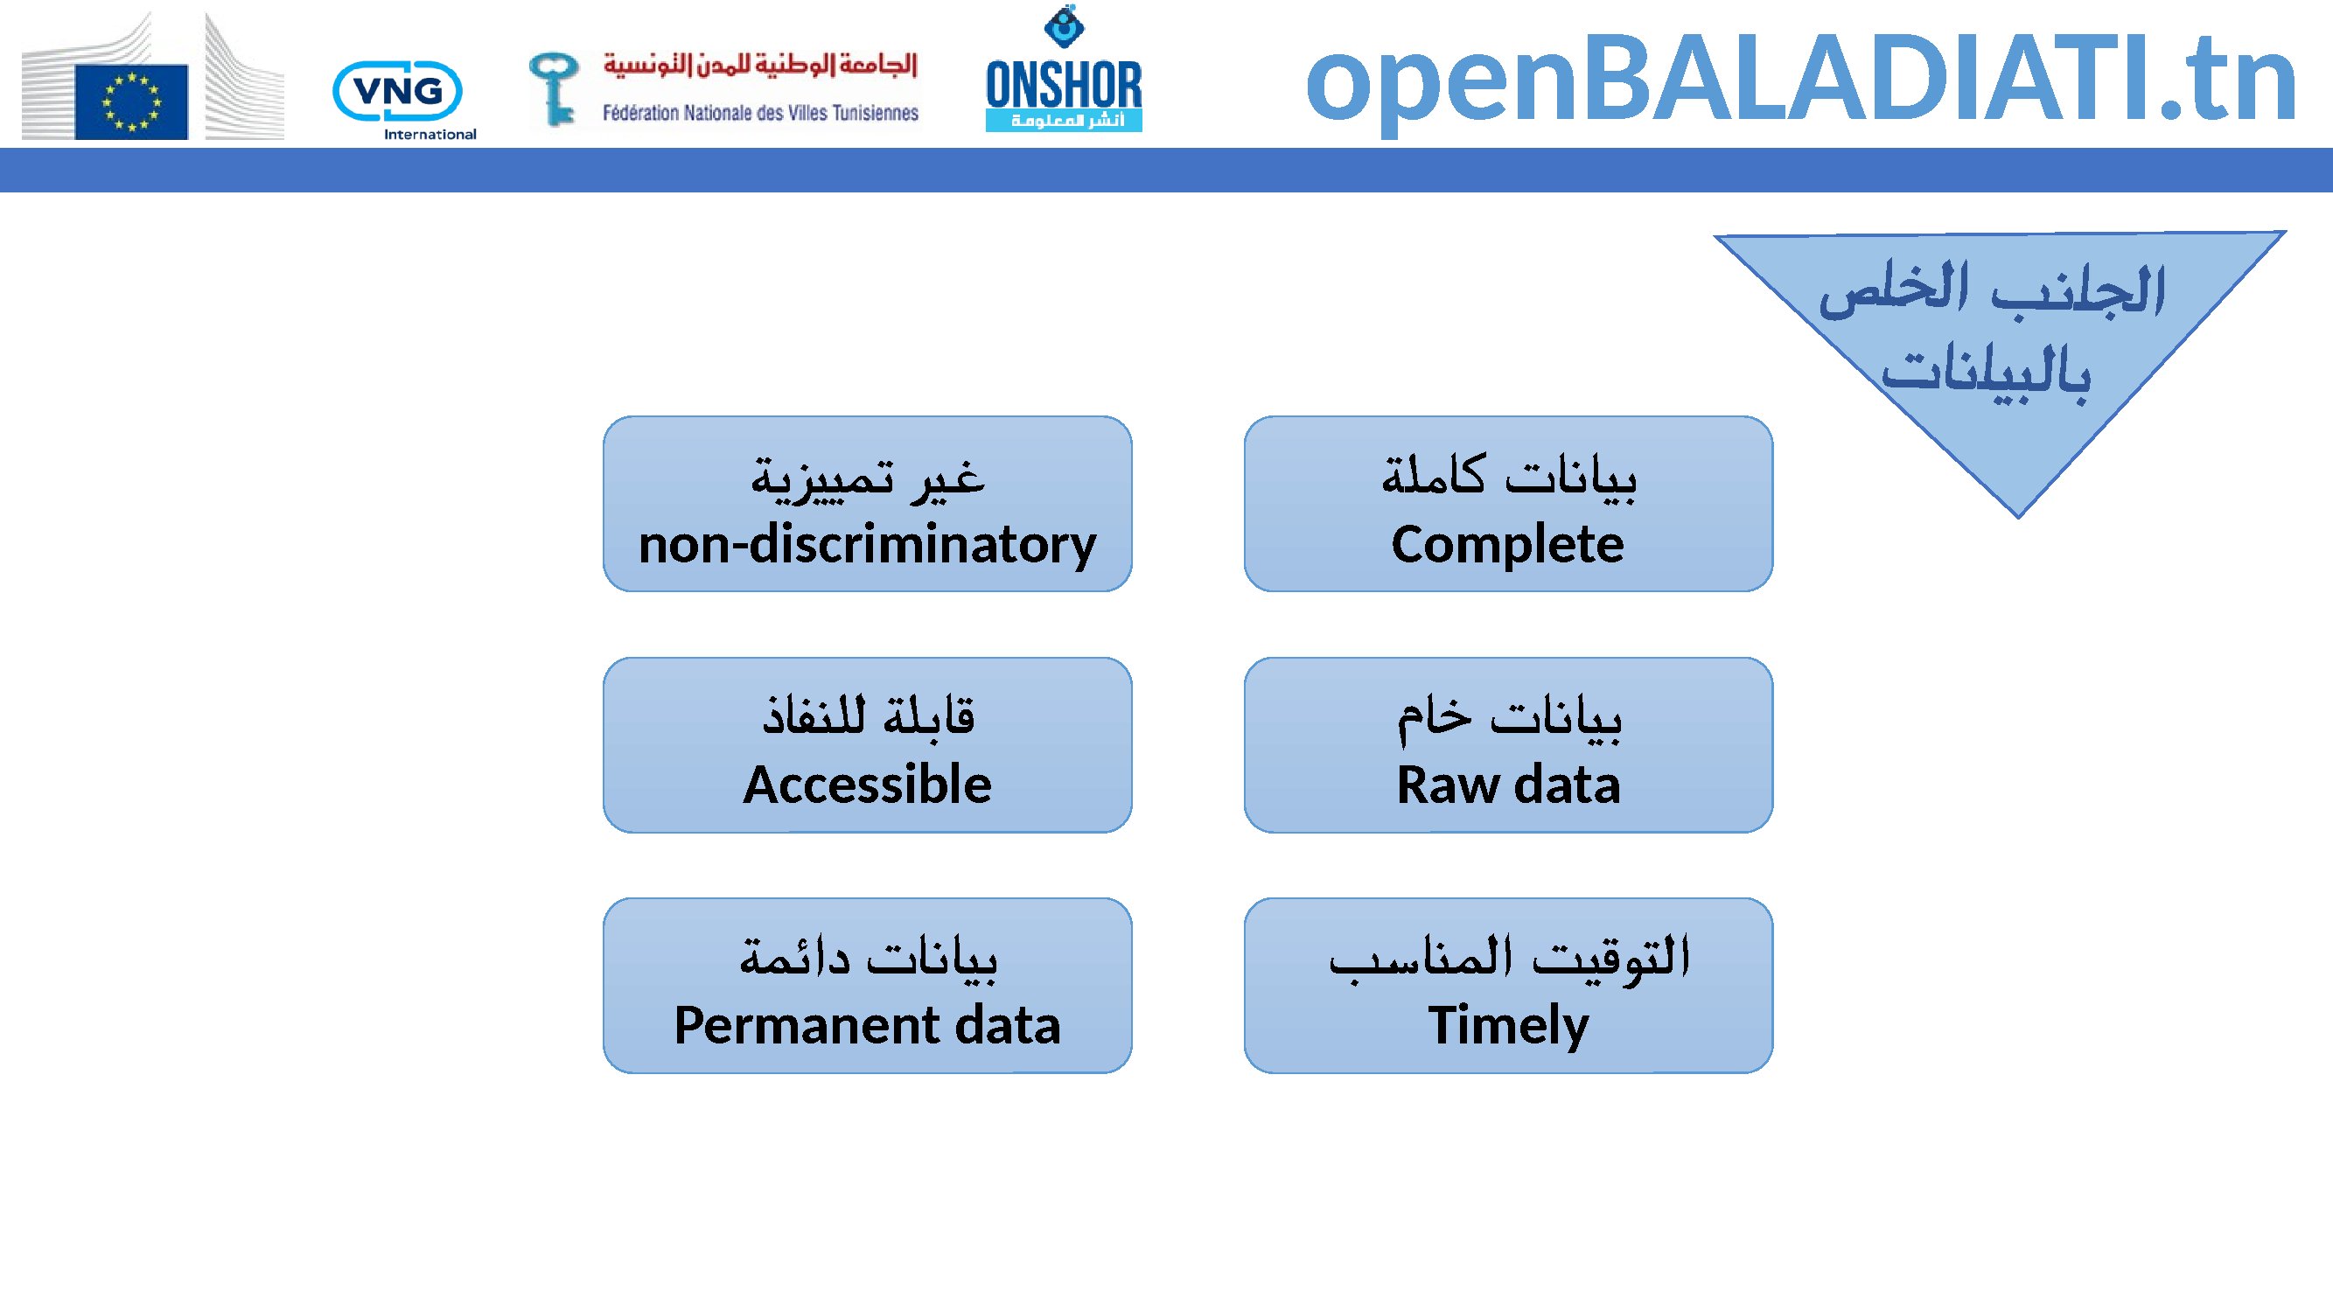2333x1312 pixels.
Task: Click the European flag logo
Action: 132,101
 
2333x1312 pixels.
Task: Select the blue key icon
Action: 554,87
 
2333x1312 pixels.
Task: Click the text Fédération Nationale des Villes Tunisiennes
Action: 761,113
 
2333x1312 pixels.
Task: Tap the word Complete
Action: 1508,544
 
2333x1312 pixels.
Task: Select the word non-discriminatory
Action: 868,545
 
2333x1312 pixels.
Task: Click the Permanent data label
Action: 868,1025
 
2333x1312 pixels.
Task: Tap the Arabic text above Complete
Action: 1509,475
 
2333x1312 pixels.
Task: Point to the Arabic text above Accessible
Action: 869,715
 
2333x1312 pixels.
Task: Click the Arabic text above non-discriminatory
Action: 868,478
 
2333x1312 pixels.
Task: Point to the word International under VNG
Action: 430,134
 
